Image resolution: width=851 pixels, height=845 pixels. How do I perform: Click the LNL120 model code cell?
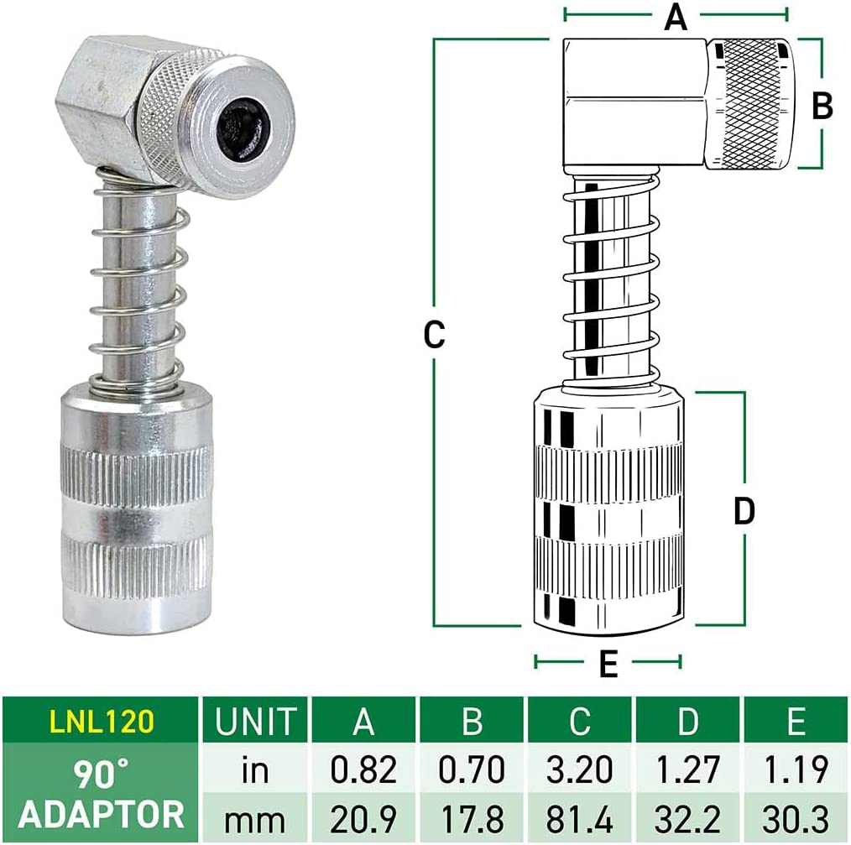click(x=101, y=722)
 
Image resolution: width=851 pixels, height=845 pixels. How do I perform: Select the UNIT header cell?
click(x=255, y=722)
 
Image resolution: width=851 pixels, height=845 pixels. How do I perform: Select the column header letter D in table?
click(x=688, y=722)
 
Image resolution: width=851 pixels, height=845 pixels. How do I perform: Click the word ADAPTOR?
click(x=101, y=814)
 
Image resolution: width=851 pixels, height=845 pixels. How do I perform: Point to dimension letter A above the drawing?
click(x=675, y=17)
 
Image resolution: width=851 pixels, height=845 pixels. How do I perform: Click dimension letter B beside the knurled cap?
click(x=822, y=106)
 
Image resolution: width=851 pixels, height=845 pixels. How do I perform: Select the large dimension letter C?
click(x=433, y=334)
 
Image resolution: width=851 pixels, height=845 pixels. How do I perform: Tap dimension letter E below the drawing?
click(x=608, y=665)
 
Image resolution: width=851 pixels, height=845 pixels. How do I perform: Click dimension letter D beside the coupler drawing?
click(x=744, y=510)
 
